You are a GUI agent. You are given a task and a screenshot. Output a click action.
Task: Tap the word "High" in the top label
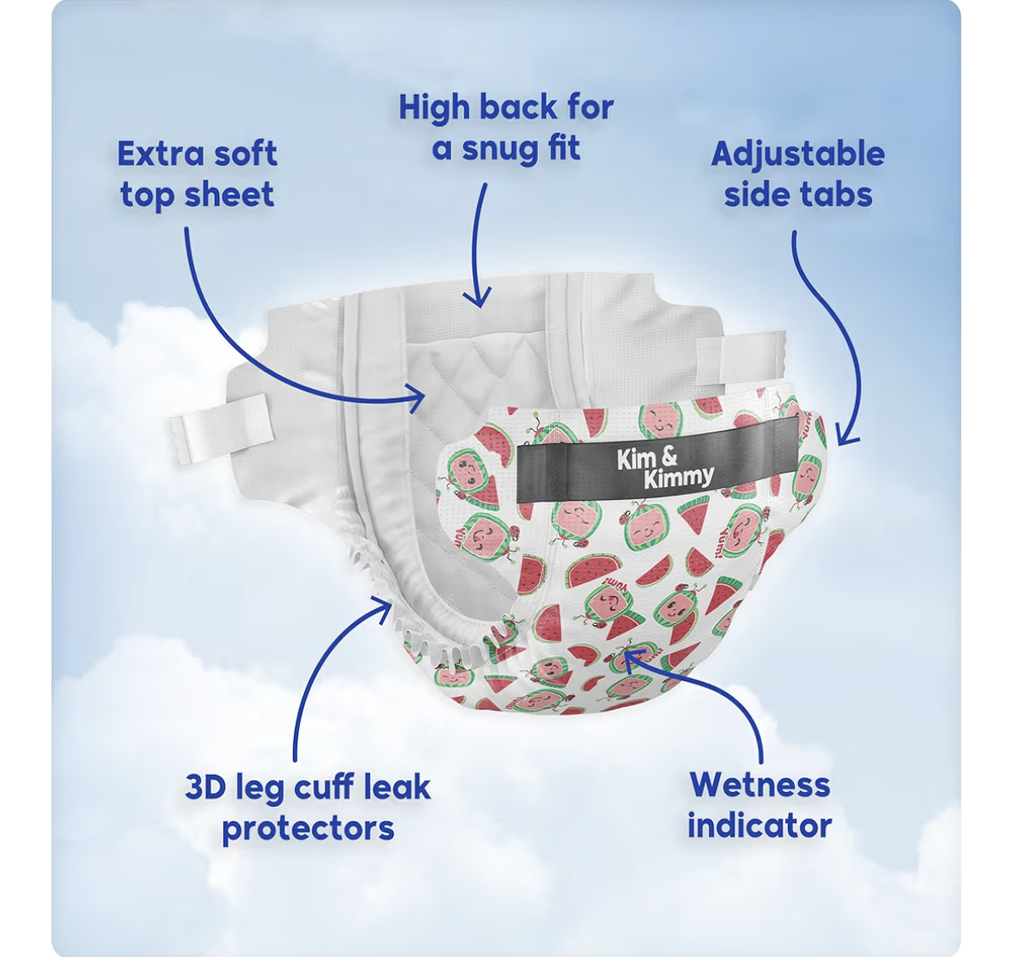(x=435, y=107)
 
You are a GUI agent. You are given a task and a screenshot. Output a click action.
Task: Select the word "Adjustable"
(x=798, y=155)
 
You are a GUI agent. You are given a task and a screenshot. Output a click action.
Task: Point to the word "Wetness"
(x=760, y=785)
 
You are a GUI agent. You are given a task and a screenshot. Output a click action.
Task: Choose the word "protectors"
(x=308, y=829)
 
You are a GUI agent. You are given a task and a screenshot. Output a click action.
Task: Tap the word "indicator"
(x=760, y=826)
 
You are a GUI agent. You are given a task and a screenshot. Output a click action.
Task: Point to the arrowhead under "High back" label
(x=477, y=298)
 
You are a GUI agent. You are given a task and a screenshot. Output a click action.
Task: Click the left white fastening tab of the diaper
(x=220, y=428)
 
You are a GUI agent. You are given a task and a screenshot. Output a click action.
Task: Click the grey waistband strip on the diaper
(x=657, y=460)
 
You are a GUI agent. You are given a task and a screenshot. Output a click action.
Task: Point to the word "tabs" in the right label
(x=839, y=194)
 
